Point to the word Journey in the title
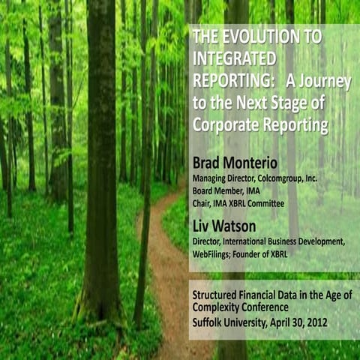[318, 81]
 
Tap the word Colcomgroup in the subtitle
[289, 178]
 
